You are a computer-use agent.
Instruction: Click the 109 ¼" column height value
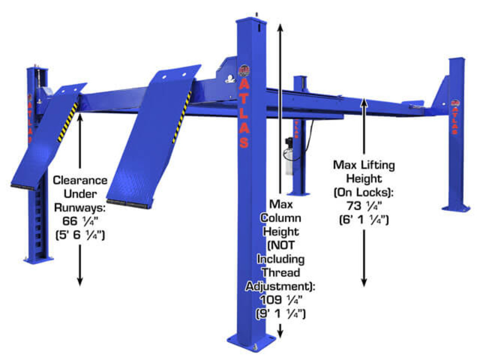(x=280, y=300)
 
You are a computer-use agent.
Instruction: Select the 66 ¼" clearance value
(x=80, y=221)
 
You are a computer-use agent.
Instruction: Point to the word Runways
(x=80, y=208)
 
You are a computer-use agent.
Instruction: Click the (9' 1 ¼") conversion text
(x=280, y=314)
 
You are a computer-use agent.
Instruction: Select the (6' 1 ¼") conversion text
(x=364, y=220)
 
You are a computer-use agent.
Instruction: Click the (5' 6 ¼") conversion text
(x=80, y=235)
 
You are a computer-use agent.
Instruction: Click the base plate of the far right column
(x=456, y=208)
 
